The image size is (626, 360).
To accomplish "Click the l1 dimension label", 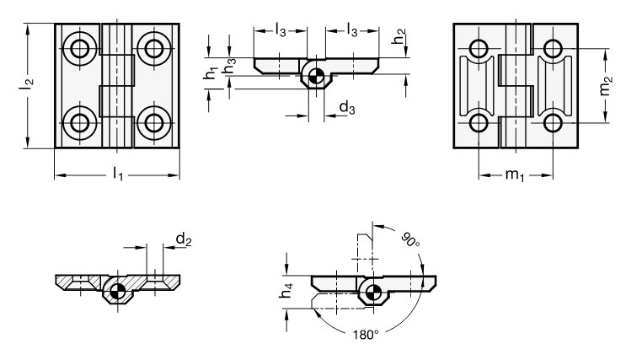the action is tap(118, 175).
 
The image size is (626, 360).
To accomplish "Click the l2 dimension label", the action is tap(27, 84).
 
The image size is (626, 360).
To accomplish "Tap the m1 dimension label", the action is tap(515, 175).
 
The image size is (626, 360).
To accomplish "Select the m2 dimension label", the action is tap(606, 86).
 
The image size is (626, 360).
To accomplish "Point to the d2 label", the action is tap(184, 239).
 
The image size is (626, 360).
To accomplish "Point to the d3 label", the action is tap(347, 107).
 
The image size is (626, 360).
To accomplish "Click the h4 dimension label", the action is tap(286, 290).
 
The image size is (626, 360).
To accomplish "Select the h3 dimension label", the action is tap(230, 66).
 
